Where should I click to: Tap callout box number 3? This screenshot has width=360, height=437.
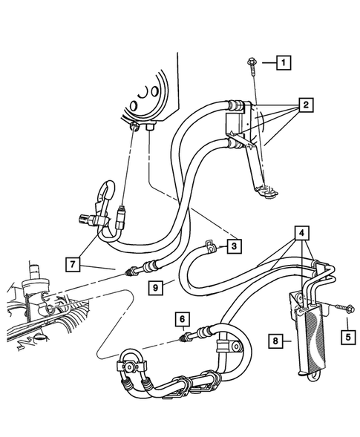235,246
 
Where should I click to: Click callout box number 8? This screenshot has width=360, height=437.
276,342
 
